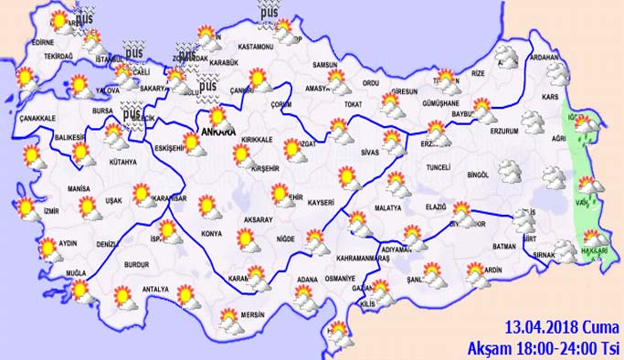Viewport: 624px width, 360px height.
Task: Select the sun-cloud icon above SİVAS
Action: [394, 142]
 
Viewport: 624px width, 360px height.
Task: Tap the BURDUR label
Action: [137, 265]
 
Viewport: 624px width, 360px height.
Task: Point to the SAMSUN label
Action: [324, 65]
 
